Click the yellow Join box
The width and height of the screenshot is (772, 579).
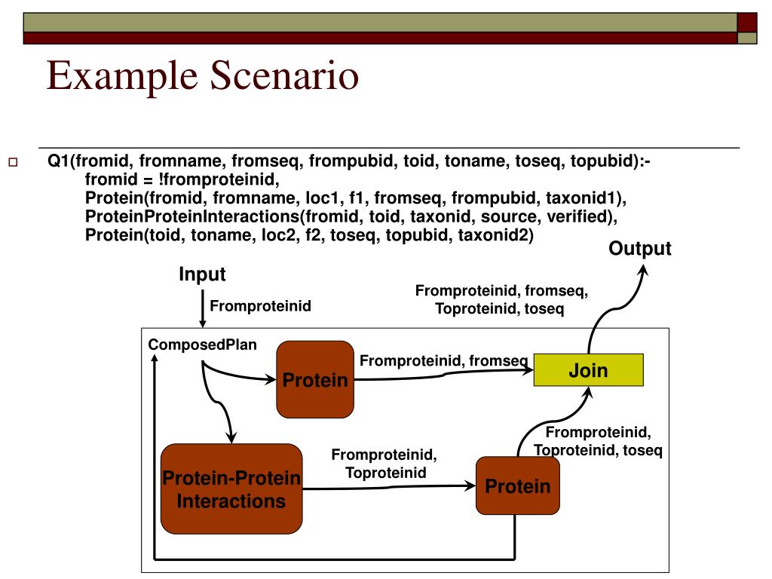(588, 370)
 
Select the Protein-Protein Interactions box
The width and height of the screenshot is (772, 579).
(231, 489)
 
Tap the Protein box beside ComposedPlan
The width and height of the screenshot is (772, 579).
(315, 379)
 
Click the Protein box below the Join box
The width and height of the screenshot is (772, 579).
(517, 486)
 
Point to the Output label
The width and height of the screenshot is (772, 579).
(639, 250)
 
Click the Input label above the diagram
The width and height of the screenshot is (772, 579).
(202, 274)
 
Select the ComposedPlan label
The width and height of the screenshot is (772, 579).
(202, 345)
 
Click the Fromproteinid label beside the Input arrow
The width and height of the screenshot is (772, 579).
(260, 305)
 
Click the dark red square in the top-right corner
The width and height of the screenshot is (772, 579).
(746, 22)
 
